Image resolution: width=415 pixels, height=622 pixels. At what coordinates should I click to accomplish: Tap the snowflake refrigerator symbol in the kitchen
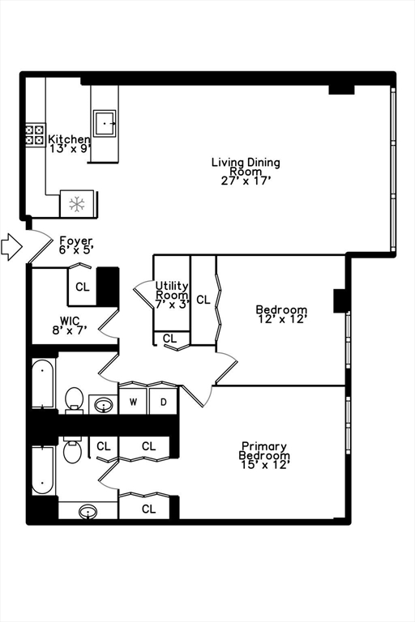[77, 203]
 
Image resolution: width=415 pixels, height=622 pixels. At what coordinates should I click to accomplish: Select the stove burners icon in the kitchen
[35, 134]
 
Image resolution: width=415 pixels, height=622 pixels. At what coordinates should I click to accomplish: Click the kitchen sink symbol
[105, 122]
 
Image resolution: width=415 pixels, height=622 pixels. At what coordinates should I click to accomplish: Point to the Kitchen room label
[69, 144]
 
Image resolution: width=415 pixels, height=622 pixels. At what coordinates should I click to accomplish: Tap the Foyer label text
[76, 245]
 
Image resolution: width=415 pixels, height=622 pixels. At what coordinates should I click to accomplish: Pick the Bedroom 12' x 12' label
[281, 314]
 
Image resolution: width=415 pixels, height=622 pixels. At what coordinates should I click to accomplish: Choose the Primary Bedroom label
[264, 455]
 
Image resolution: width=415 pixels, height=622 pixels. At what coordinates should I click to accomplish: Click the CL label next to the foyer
[83, 287]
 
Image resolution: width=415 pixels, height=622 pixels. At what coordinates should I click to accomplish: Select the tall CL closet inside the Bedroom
[203, 300]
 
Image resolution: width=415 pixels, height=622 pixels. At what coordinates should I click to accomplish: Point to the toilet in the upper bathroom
[74, 398]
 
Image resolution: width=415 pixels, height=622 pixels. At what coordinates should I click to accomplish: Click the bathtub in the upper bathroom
[43, 385]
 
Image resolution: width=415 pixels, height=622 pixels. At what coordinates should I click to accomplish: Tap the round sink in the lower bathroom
[88, 511]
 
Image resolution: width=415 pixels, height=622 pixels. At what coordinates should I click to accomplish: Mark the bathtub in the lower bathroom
[43, 469]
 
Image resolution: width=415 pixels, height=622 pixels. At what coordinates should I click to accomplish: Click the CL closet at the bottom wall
[148, 509]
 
